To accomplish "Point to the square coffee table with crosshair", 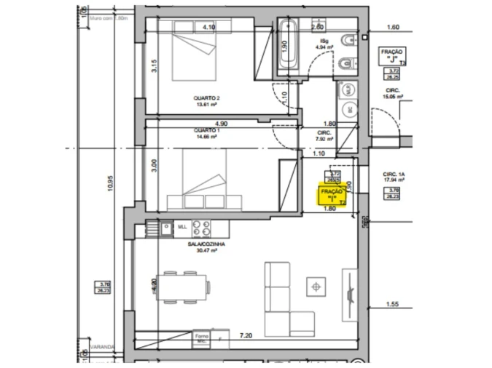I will [316, 287].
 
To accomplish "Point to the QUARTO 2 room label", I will [206, 98].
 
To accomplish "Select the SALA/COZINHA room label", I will [206, 244].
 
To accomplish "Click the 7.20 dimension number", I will [246, 335].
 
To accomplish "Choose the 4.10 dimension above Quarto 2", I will [209, 27].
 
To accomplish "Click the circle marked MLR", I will [348, 89].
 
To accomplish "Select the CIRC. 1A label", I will [394, 175].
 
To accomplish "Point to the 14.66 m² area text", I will [206, 136].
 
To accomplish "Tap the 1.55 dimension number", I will [393, 304].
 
